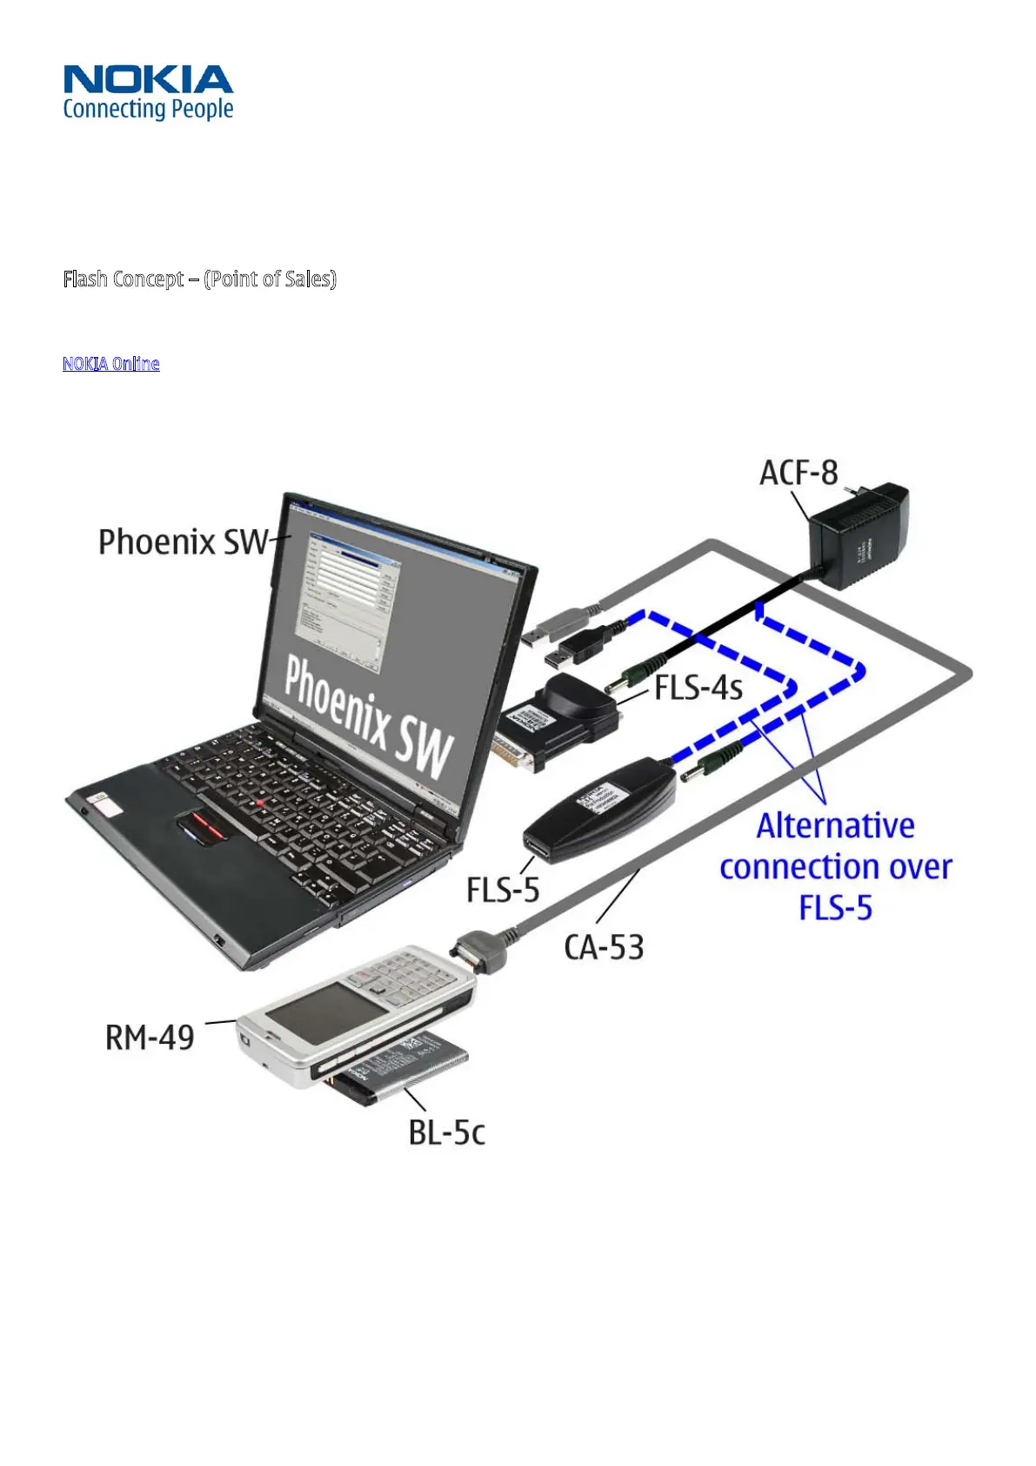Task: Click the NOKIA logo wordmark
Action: coord(148,79)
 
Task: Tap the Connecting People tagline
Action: coord(148,109)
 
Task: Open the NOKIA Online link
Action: coord(110,363)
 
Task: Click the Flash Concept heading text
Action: coord(199,279)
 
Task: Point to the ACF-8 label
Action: coord(799,473)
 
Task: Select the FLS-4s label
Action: coord(698,687)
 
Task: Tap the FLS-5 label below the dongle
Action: coord(503,890)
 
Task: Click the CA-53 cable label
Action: coord(604,947)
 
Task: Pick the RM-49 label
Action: coord(150,1038)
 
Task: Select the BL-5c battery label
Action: coord(446,1132)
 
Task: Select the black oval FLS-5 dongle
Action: coord(600,809)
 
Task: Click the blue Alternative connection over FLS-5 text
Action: coord(835,866)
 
